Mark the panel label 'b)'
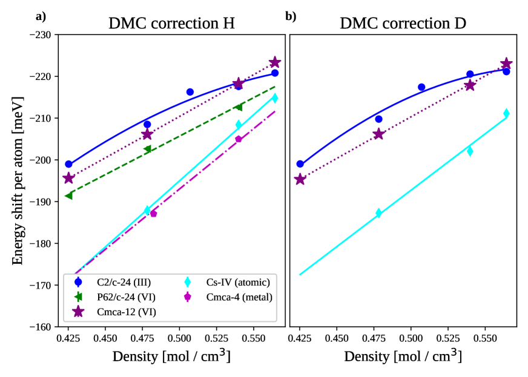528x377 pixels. tap(291, 16)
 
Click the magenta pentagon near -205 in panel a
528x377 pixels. tap(239, 139)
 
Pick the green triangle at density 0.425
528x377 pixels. tap(68, 195)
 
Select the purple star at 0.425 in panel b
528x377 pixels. tap(300, 179)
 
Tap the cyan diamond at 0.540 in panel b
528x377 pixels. tap(470, 151)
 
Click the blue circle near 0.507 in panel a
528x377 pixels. tap(190, 92)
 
